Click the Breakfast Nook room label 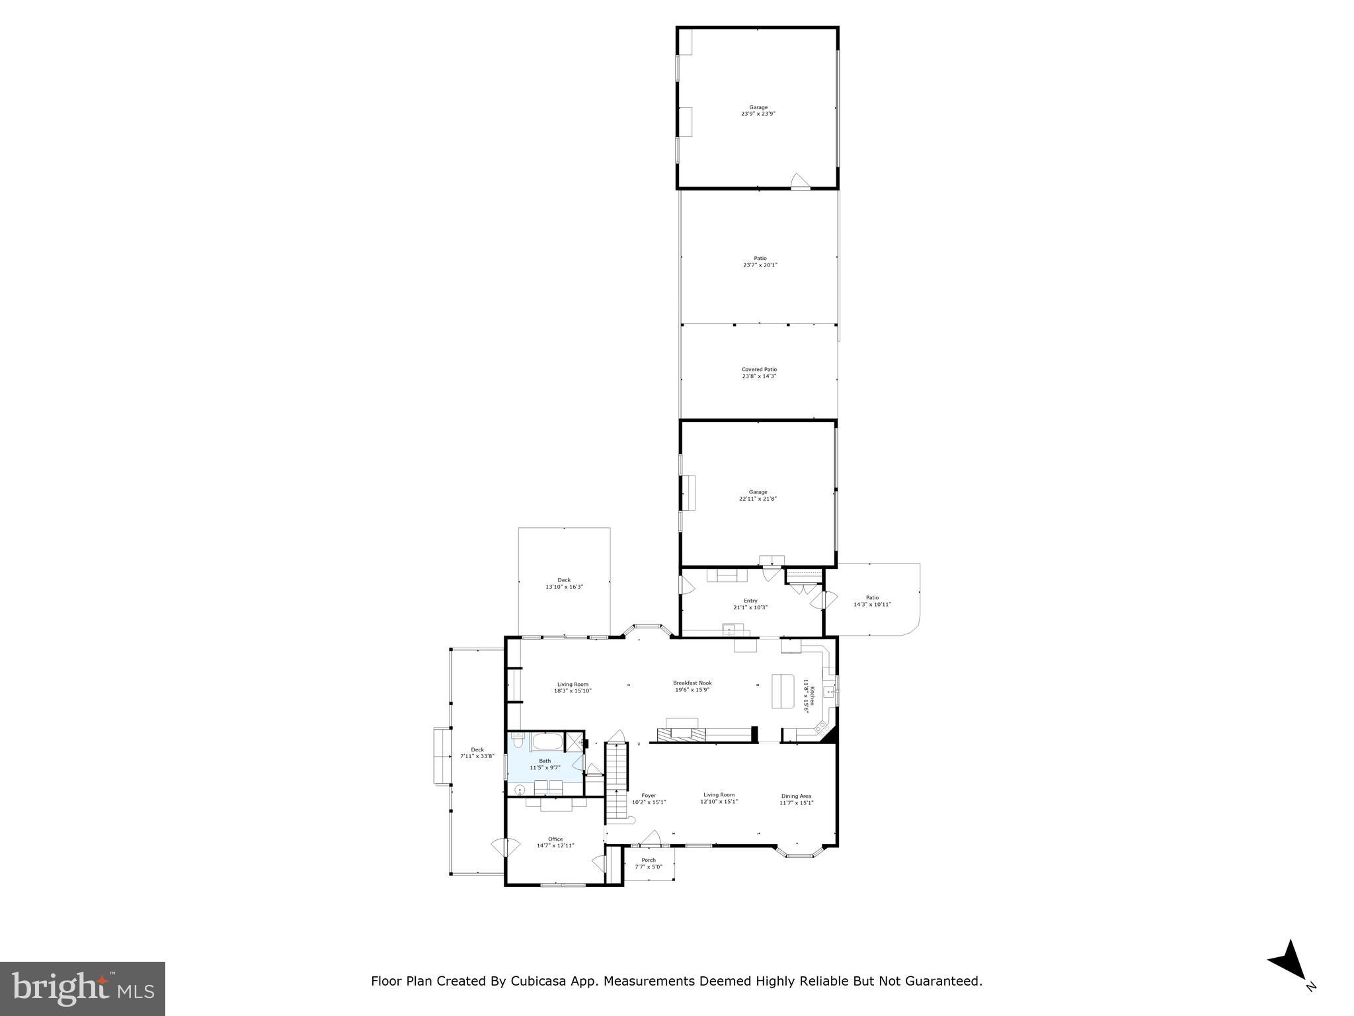692,686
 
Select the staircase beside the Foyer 616,781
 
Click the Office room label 555,842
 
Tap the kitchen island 783,691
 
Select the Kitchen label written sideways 806,695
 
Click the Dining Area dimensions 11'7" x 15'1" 796,803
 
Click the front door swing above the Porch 651,838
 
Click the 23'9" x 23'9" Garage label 758,110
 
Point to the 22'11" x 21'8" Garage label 758,495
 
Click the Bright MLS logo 83,988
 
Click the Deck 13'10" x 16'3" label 564,583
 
